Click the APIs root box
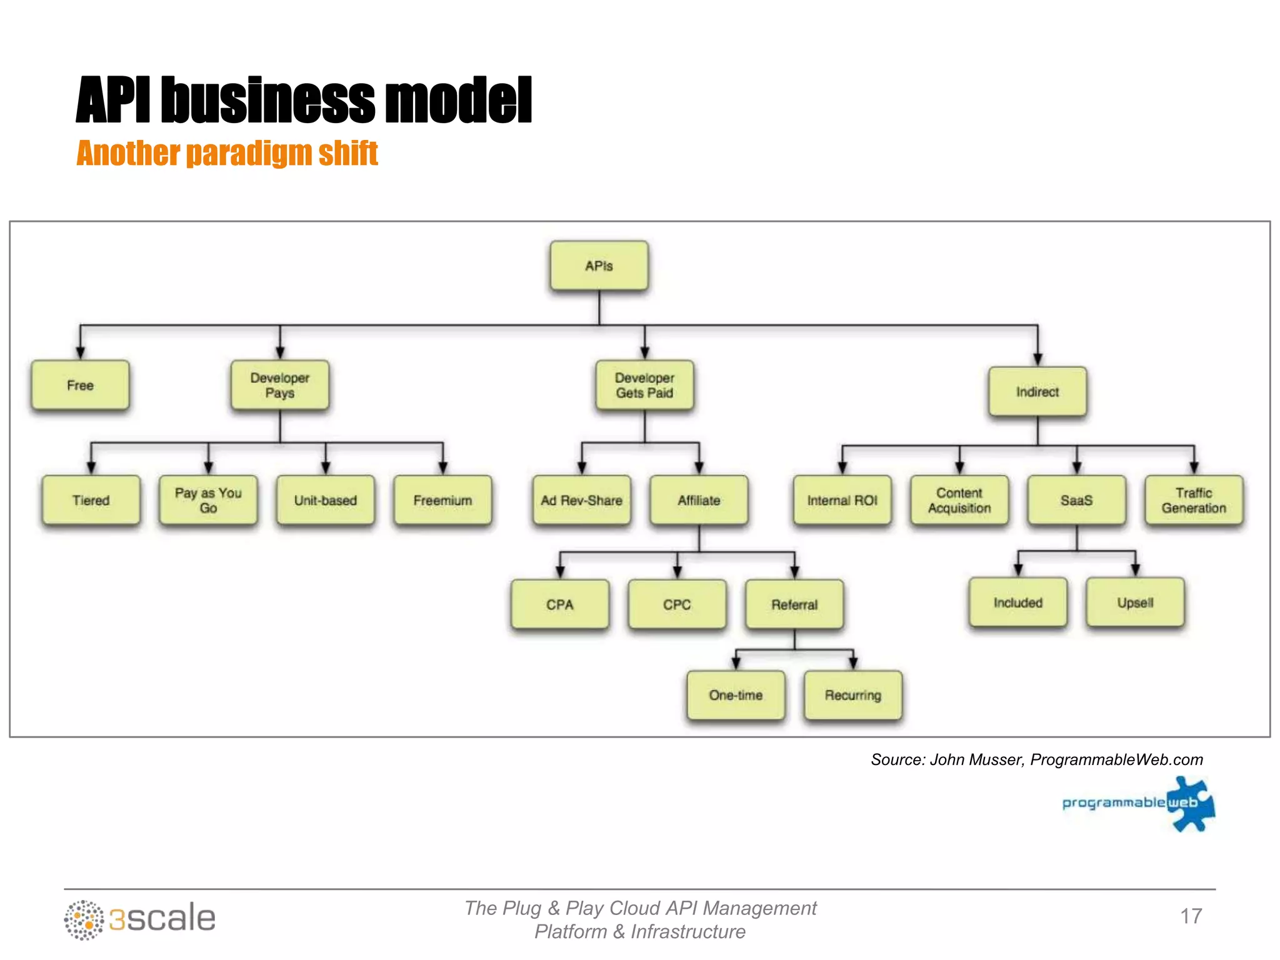[x=599, y=266]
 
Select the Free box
[x=80, y=385]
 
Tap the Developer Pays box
[x=279, y=385]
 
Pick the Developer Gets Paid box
[x=644, y=385]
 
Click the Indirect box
[x=1037, y=392]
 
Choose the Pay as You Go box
[x=208, y=500]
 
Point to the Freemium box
[x=442, y=500]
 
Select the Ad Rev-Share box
[x=581, y=500]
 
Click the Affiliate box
[x=699, y=500]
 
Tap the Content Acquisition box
[x=959, y=500]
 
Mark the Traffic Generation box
[x=1194, y=500]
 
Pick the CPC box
[x=677, y=604]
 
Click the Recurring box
[x=852, y=695]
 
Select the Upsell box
[x=1135, y=602]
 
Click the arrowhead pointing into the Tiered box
[x=91, y=468]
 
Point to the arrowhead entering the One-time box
[x=736, y=663]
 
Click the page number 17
[x=1191, y=916]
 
